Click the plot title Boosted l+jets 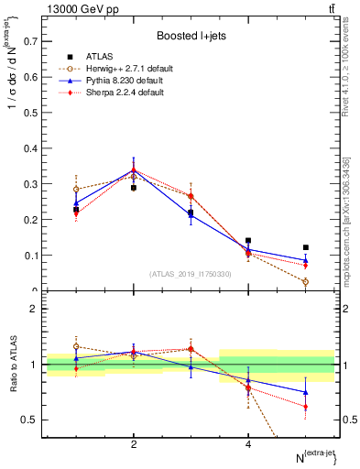[x=191, y=36]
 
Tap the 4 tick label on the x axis [x=248, y=444]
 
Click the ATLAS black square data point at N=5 [x=306, y=247]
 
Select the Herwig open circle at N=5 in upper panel [x=306, y=282]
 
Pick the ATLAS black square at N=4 [x=248, y=241]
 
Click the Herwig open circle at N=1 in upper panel [x=76, y=190]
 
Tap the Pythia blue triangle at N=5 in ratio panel [x=306, y=392]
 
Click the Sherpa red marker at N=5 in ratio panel [x=306, y=407]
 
